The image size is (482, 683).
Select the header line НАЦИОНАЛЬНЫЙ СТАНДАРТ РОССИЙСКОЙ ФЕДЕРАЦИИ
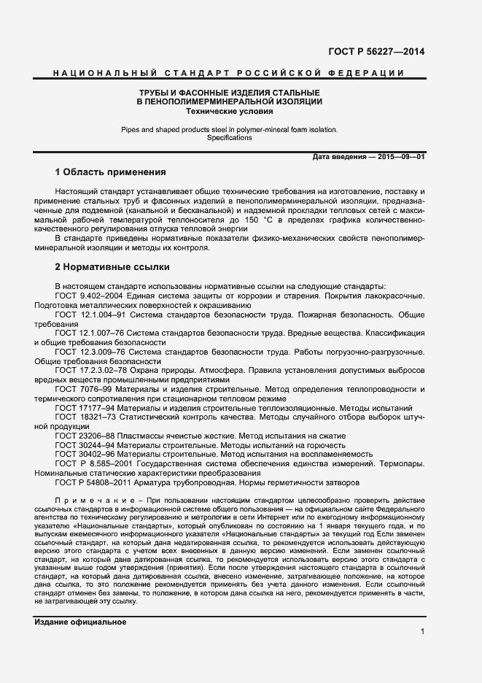point(230,74)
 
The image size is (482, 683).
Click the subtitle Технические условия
point(230,112)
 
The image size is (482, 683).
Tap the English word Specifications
point(229,138)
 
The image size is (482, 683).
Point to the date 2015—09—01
point(400,157)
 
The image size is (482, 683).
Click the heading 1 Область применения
point(110,172)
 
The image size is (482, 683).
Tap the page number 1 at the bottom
point(422,631)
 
